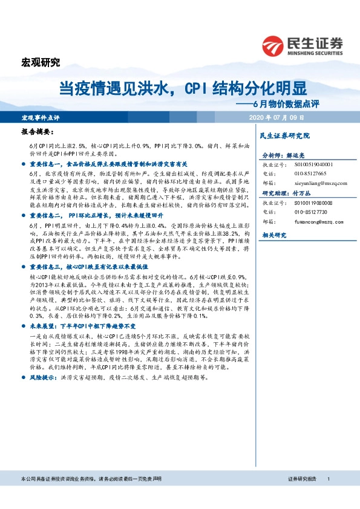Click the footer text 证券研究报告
[x=302, y=496]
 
